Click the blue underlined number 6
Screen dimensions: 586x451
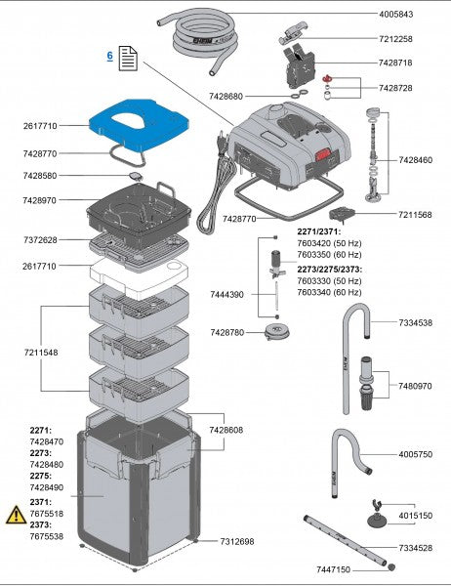[x=109, y=58]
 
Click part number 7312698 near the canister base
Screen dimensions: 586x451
[x=237, y=541]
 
